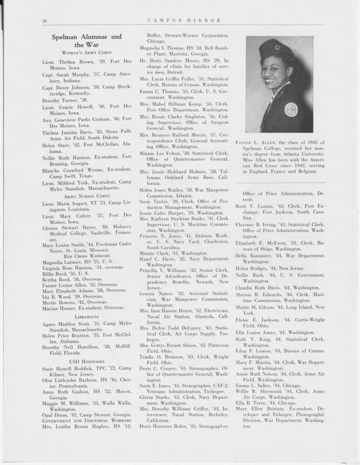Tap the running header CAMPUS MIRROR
184,20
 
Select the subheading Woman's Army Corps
86,53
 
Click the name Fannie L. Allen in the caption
252,143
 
